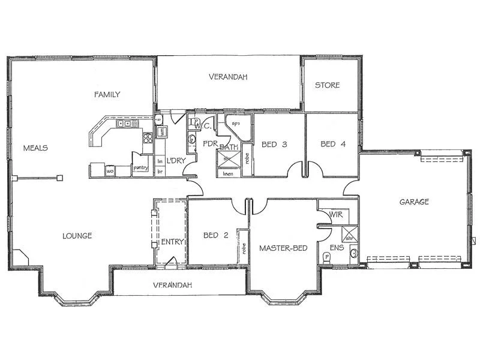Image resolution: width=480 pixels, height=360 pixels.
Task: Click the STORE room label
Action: (x=328, y=85)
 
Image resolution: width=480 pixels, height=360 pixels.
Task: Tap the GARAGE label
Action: (x=414, y=202)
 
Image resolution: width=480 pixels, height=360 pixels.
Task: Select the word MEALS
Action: (x=35, y=148)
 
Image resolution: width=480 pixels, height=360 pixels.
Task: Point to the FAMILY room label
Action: (x=107, y=94)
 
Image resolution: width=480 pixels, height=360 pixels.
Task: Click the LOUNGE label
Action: (x=77, y=236)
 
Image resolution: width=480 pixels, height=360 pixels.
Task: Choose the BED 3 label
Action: (x=274, y=144)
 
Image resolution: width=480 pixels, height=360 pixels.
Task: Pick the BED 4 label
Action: (x=332, y=144)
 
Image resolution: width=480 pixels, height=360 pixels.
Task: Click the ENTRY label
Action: (x=172, y=241)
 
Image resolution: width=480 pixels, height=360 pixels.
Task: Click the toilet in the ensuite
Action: (x=327, y=257)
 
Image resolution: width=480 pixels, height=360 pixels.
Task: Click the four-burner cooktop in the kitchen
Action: (x=147, y=139)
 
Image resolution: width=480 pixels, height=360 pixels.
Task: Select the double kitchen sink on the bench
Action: (x=127, y=124)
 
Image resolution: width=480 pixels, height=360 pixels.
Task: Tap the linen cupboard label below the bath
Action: (x=227, y=173)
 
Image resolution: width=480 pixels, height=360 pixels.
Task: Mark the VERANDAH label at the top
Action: (x=228, y=77)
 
